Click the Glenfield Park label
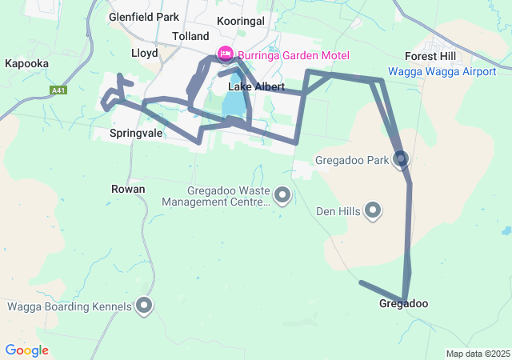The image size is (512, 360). click(x=145, y=16)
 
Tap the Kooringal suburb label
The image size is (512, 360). click(x=240, y=21)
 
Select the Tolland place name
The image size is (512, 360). click(x=190, y=36)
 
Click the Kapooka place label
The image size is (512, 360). click(x=26, y=63)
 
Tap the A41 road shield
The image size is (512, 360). click(x=58, y=90)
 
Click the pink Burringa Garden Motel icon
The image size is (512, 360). click(x=225, y=54)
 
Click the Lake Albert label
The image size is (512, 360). click(x=251, y=86)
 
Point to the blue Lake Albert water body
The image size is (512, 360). click(x=232, y=104)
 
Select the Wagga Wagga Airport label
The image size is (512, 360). click(x=442, y=71)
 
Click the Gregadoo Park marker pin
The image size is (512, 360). click(x=401, y=160)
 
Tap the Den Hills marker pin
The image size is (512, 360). click(x=373, y=210)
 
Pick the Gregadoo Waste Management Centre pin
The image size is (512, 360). click(x=282, y=194)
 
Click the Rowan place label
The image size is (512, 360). click(x=128, y=189)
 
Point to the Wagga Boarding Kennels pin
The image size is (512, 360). click(x=144, y=305)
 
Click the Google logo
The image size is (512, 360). click(x=26, y=350)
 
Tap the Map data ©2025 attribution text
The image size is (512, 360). click(x=478, y=354)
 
